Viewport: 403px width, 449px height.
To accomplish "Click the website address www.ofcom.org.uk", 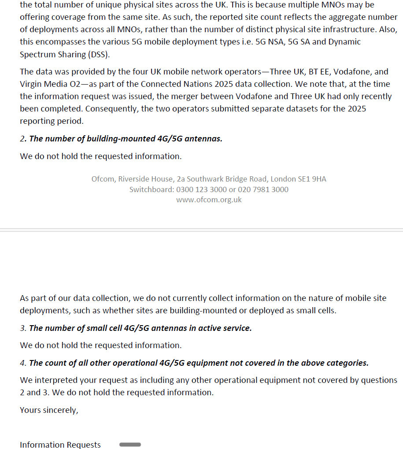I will pyautogui.click(x=209, y=200).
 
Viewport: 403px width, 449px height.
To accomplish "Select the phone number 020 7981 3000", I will pyautogui.click(x=263, y=189).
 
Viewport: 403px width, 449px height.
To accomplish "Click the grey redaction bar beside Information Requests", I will pyautogui.click(x=130, y=445).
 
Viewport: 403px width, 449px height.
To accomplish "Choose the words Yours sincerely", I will pyautogui.click(x=49, y=410).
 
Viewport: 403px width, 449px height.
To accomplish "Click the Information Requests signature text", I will pyautogui.click(x=60, y=445).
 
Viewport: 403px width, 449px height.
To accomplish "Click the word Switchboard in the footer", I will pyautogui.click(x=151, y=189).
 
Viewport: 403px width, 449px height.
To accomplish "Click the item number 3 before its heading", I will pyautogui.click(x=22, y=328).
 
